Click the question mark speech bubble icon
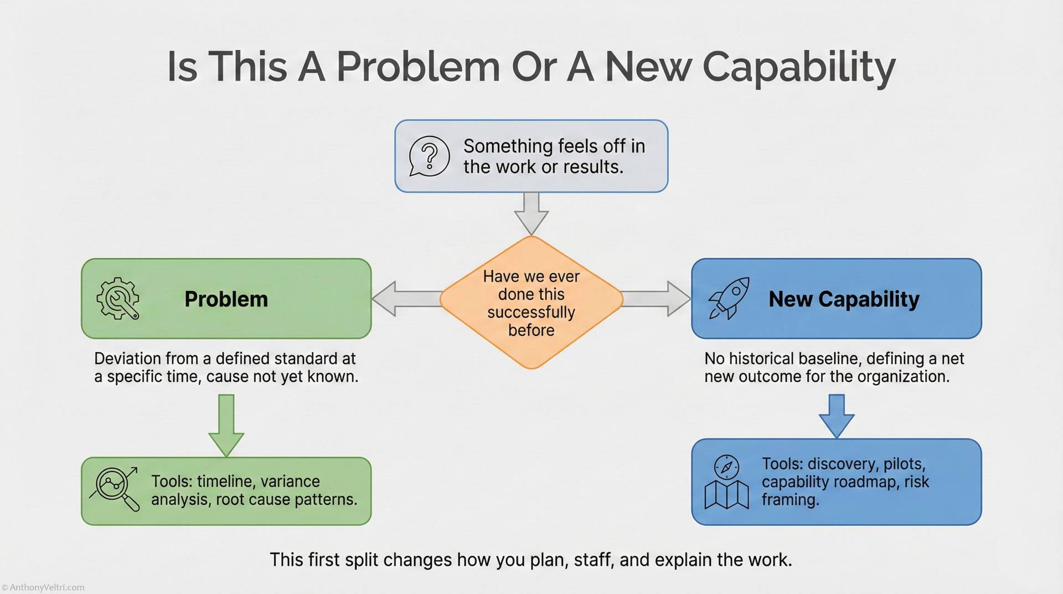[429, 156]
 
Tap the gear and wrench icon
[117, 299]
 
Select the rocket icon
[729, 298]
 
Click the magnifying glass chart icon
[115, 488]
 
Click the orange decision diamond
[531, 303]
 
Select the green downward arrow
[226, 424]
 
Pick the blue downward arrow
[836, 416]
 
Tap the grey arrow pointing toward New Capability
[657, 299]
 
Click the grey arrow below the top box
[531, 213]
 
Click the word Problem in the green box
[226, 299]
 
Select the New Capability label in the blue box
[844, 299]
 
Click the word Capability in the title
[798, 67]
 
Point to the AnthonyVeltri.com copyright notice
[43, 587]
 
